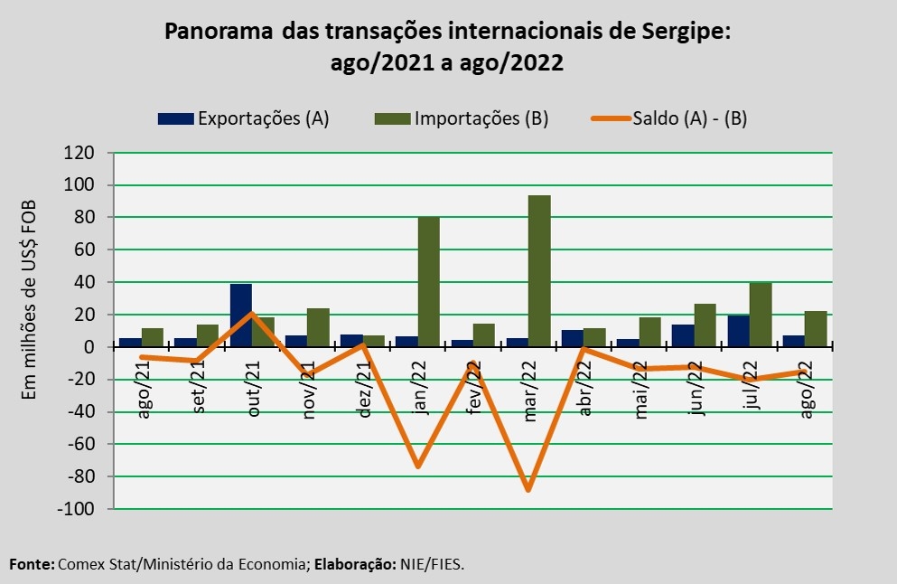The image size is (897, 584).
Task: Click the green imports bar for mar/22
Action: point(539,270)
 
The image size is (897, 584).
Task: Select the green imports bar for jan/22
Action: point(428,281)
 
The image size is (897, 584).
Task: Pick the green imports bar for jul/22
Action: point(761,314)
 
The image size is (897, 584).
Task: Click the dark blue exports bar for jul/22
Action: point(739,330)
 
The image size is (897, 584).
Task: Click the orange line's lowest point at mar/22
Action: point(528,490)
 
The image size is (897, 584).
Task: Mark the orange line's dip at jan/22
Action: point(417,466)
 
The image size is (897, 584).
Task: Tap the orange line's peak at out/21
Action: point(252,314)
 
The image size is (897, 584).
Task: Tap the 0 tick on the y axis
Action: point(89,347)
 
